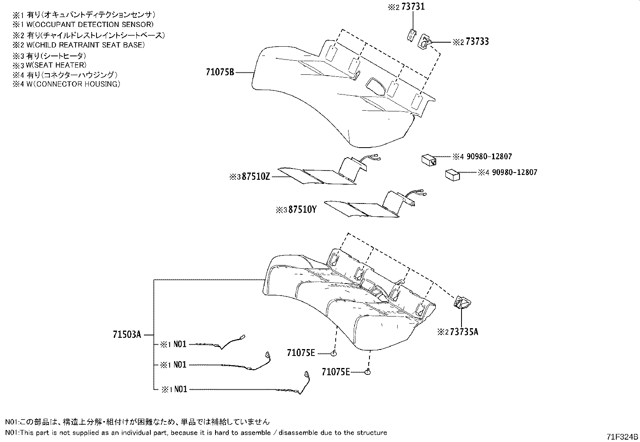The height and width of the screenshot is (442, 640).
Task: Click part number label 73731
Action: [x=413, y=6]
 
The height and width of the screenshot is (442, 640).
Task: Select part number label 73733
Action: [x=477, y=42]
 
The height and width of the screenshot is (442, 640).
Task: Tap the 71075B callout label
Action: [x=220, y=72]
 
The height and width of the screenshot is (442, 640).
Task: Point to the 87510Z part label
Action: [x=256, y=177]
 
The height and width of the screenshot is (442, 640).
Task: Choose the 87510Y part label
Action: [x=302, y=210]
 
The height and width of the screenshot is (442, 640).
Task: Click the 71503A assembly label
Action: [x=127, y=335]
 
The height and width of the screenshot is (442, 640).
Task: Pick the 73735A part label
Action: [x=464, y=332]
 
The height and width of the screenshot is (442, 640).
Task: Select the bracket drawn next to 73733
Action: [x=425, y=41]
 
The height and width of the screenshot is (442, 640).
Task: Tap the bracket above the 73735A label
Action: [x=462, y=302]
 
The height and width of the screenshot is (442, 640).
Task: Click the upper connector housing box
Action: [x=429, y=160]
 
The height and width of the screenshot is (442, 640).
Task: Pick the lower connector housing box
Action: [x=453, y=175]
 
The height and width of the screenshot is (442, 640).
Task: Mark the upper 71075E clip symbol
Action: [x=334, y=354]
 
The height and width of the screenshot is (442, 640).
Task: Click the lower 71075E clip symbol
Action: [x=368, y=372]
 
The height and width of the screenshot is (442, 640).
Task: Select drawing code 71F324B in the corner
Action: [x=622, y=436]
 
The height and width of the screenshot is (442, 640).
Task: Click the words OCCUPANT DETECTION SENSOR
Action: [x=93, y=25]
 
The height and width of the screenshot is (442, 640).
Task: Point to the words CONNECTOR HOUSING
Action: [x=77, y=84]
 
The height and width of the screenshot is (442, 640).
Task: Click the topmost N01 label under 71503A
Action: [x=180, y=344]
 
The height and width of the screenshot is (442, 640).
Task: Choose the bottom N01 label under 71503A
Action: [x=181, y=389]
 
